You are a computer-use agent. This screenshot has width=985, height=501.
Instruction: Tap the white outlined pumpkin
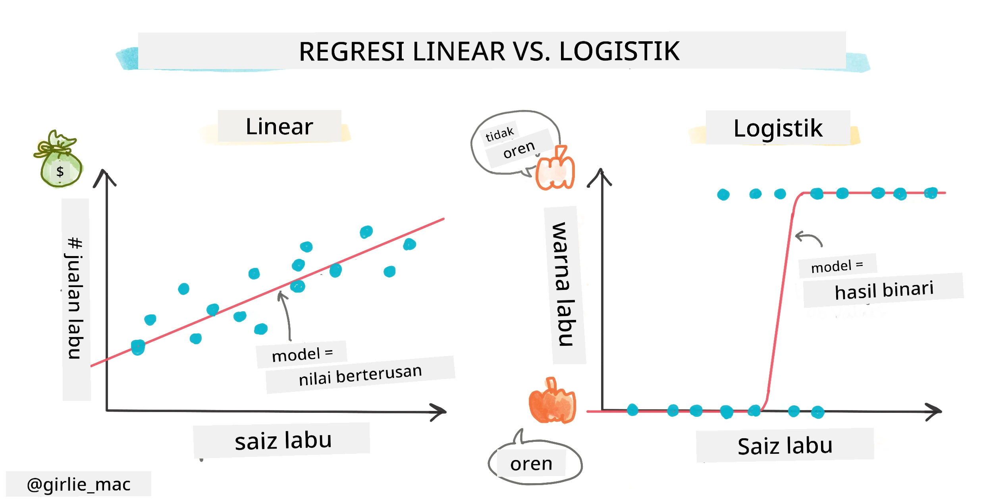click(555, 168)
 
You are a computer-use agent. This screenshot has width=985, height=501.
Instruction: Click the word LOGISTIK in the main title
click(619, 51)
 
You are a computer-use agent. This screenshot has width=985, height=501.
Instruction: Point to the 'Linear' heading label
click(280, 127)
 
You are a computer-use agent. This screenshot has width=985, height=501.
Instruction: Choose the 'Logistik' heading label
click(778, 128)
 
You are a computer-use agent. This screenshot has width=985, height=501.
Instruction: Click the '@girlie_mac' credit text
click(79, 484)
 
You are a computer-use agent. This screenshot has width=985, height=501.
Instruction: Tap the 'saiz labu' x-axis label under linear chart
click(283, 441)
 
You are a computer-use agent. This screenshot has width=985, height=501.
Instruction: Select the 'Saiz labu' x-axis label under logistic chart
click(785, 446)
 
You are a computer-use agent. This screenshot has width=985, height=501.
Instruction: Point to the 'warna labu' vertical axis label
click(564, 284)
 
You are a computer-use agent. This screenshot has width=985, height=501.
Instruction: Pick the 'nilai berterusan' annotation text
click(360, 375)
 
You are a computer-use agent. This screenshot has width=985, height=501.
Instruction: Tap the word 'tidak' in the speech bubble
click(499, 134)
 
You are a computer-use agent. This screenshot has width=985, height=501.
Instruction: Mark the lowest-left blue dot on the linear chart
click(138, 347)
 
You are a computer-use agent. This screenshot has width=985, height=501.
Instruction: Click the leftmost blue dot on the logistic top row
click(723, 195)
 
